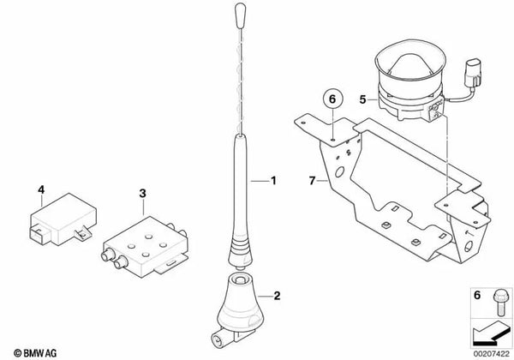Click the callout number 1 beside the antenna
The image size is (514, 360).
click(x=275, y=181)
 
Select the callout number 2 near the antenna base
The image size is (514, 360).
click(x=276, y=296)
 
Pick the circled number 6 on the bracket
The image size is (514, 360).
click(x=332, y=101)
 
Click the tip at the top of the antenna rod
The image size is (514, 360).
click(x=238, y=15)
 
